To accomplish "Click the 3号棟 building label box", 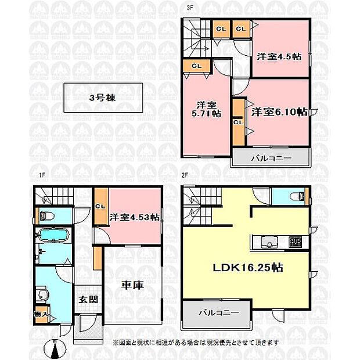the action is coord(103,98).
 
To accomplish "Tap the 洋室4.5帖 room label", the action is coord(279,56).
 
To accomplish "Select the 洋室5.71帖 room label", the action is coord(206,109).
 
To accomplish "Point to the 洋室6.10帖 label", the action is coord(279,112).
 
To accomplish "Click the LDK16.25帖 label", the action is coord(248,268).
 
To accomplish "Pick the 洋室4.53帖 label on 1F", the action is coord(134,217).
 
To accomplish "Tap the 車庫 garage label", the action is coord(132,285).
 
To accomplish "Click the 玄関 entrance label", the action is coord(88,300).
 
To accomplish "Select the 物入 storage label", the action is coord(41,314).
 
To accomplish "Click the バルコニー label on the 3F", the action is coord(271,158).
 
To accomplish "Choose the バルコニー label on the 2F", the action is coord(219,312).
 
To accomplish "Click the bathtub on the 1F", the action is coord(54,235).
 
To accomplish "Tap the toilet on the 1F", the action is coord(47,216).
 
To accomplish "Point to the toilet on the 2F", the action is coord(297,196).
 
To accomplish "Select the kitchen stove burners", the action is coord(295,242).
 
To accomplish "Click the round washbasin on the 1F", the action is coord(42,294).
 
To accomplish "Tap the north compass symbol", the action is coord(55,348).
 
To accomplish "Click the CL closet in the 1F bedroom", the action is coord(100,206).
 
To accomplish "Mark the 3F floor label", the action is coord(190,8).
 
